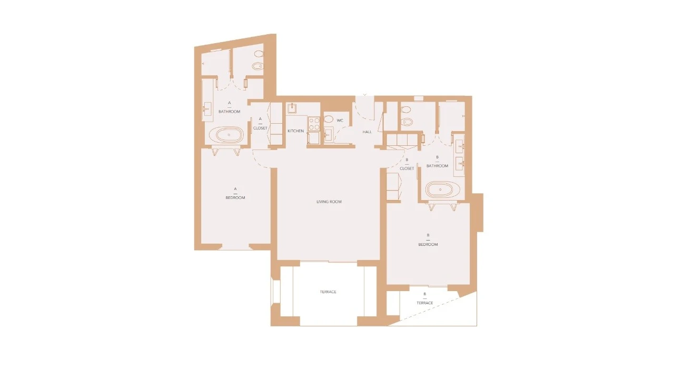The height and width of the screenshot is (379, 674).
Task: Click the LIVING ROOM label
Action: click(x=329, y=202)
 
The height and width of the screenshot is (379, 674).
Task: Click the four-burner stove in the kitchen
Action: click(x=314, y=124)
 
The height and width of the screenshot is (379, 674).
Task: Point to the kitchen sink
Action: click(x=293, y=108)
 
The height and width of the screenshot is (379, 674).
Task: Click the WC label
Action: click(x=340, y=121)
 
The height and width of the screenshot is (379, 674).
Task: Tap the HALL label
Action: click(x=367, y=132)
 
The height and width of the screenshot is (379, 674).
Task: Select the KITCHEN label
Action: click(x=295, y=131)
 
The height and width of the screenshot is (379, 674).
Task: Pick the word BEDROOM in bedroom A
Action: click(x=235, y=198)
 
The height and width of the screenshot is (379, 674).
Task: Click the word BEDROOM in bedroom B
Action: click(x=428, y=245)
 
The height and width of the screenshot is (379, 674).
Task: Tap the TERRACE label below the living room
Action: click(x=328, y=292)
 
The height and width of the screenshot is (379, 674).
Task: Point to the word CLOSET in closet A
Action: click(x=260, y=128)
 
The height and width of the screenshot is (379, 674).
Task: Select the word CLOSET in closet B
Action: click(x=407, y=169)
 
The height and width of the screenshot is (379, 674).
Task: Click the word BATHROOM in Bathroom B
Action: click(x=437, y=166)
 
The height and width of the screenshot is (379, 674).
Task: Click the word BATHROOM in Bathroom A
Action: click(x=230, y=112)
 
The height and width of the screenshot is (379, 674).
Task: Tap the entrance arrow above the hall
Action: click(x=365, y=95)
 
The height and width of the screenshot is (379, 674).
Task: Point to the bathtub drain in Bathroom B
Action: click(x=440, y=189)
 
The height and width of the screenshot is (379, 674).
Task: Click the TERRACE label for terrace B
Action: click(x=425, y=303)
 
